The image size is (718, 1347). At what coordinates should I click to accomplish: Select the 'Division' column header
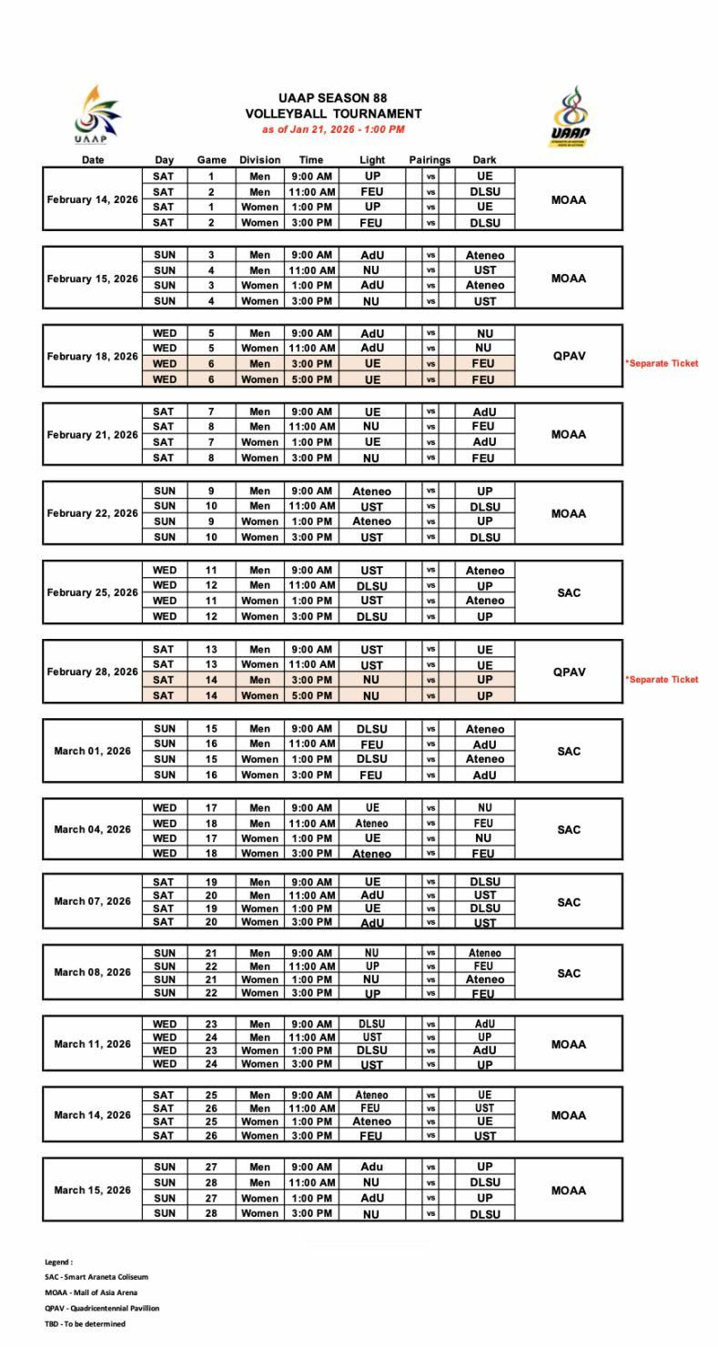coord(259,160)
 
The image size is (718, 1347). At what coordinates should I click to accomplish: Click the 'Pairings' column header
coord(430,160)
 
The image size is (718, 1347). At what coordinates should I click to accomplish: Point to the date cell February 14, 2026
coord(93,199)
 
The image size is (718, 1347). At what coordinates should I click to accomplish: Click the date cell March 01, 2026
coord(93,752)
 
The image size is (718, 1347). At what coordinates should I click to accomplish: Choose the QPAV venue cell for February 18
coord(569,356)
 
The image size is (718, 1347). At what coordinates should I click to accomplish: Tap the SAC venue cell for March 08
coord(569,973)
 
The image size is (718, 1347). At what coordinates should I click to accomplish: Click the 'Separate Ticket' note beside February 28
coord(662,680)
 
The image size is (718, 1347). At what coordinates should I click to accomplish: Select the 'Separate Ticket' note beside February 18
coord(662,363)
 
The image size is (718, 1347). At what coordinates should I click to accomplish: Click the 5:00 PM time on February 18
coord(311,380)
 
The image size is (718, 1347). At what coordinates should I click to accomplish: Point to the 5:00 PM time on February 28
coord(311,696)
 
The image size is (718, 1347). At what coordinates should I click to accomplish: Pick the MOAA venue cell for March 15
coord(569,1190)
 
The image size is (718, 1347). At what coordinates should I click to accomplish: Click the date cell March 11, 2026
coord(93,1044)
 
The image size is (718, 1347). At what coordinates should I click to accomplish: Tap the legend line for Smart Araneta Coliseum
coord(96,1277)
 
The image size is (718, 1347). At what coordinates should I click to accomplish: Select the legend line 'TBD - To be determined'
coord(86,1324)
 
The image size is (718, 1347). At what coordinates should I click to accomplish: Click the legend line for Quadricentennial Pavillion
coord(102,1308)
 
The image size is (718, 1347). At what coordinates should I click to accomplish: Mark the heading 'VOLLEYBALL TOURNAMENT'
coord(333,114)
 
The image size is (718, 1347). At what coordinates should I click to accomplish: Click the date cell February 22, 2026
coord(93,513)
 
